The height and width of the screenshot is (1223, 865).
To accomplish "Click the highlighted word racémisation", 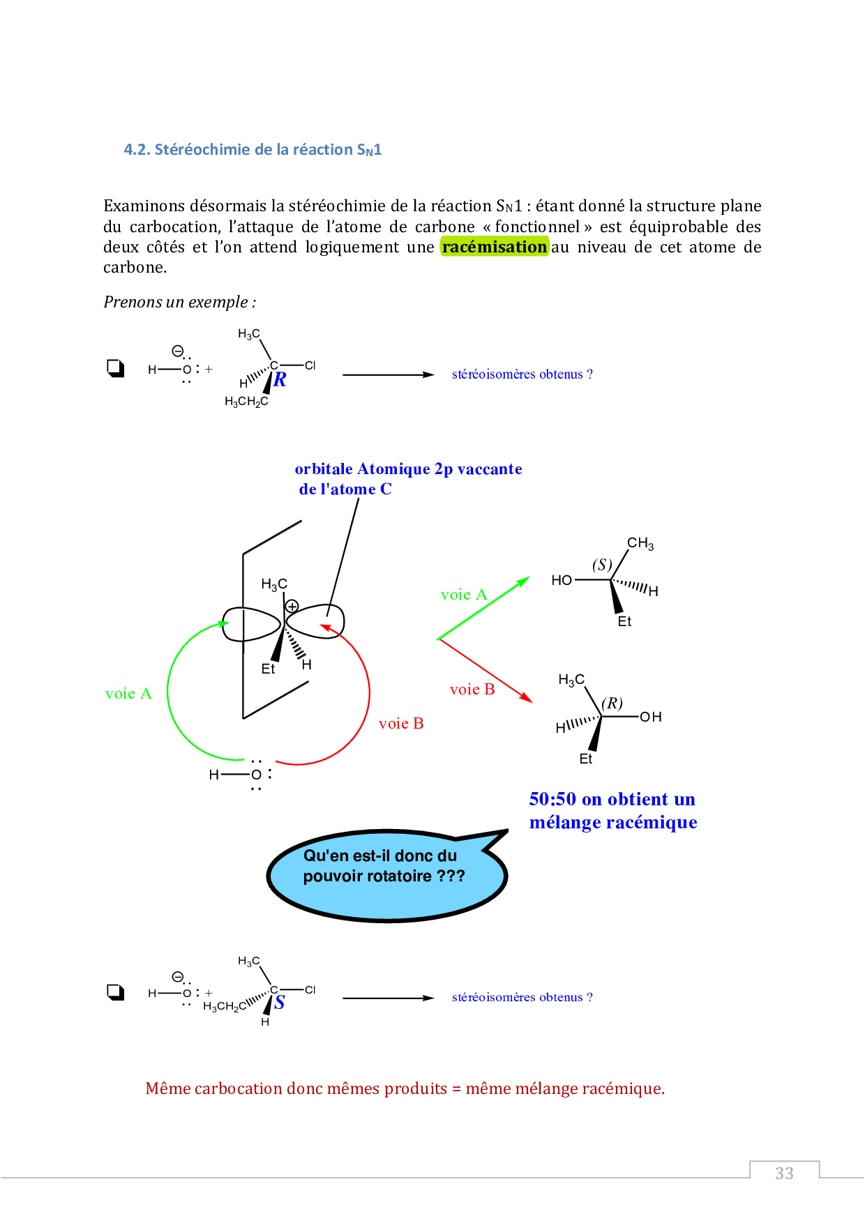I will pyautogui.click(x=495, y=247).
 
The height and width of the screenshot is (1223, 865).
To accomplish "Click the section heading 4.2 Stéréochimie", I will pyautogui.click(x=253, y=150).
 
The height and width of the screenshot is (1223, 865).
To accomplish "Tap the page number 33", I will pyautogui.click(x=784, y=1173).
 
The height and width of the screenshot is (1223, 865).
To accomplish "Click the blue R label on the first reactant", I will pyautogui.click(x=280, y=380).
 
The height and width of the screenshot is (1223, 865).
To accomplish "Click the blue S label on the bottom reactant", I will pyautogui.click(x=279, y=1003).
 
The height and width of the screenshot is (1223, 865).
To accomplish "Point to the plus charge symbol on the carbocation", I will pyautogui.click(x=292, y=606).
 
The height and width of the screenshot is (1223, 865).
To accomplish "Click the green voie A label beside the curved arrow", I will pyautogui.click(x=128, y=694).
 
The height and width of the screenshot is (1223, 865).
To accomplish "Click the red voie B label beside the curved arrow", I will pyautogui.click(x=401, y=724).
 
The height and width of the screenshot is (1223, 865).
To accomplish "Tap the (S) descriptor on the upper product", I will pyautogui.click(x=602, y=565).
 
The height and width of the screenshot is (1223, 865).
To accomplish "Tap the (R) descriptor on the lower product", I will pyautogui.click(x=612, y=703).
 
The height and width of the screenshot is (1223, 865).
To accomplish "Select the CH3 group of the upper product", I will pyautogui.click(x=640, y=543).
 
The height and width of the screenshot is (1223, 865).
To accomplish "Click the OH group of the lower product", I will pyautogui.click(x=651, y=717).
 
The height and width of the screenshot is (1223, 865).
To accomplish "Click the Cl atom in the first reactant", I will pyautogui.click(x=310, y=365).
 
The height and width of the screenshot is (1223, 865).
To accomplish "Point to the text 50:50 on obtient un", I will pyautogui.click(x=612, y=799).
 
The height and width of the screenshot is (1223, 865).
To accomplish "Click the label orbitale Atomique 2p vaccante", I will pyautogui.click(x=408, y=469).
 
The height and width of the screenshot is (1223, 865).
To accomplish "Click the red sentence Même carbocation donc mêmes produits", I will pyautogui.click(x=405, y=1088).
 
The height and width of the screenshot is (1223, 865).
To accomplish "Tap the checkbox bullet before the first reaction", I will pyautogui.click(x=115, y=368).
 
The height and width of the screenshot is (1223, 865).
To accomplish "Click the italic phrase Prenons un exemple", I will pyautogui.click(x=179, y=302).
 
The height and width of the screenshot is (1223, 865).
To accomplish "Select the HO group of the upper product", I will pyautogui.click(x=562, y=580).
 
